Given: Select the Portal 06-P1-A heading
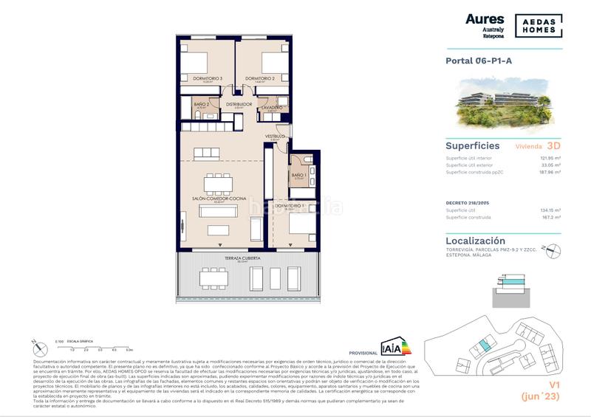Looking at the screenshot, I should click(x=479, y=62).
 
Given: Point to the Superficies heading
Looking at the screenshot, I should click(x=473, y=146).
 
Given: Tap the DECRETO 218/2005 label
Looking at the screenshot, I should click(x=468, y=200).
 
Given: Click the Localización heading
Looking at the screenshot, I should click(x=476, y=241).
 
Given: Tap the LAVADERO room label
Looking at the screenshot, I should click(x=272, y=108).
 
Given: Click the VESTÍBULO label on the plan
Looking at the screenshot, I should click(x=276, y=136).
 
